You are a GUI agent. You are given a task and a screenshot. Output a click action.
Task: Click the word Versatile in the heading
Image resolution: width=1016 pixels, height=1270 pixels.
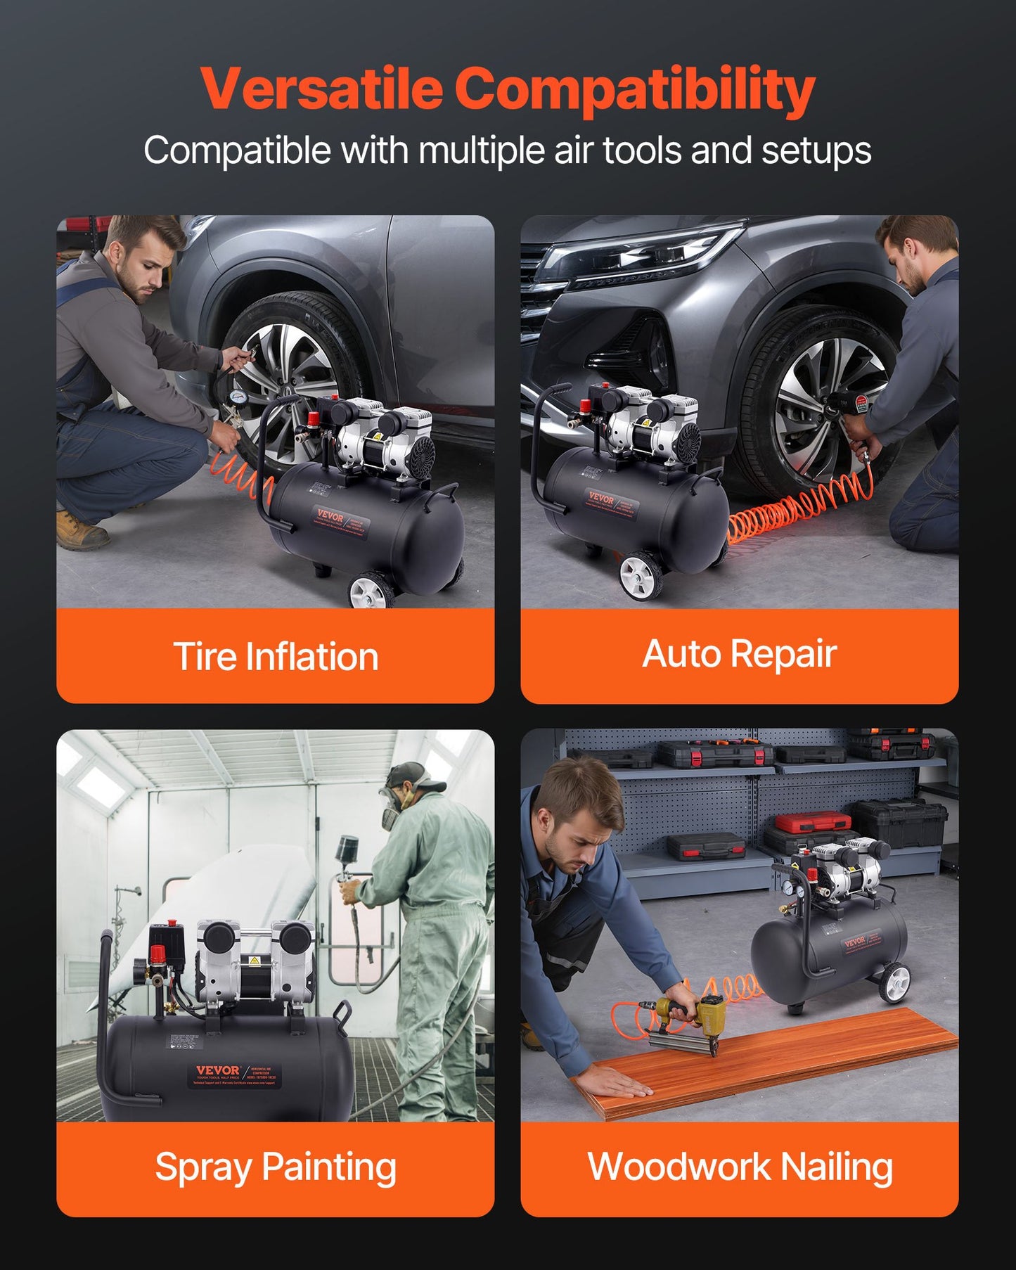pos(321,89)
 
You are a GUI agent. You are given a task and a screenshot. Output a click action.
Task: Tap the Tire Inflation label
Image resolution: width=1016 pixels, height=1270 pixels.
pos(276,656)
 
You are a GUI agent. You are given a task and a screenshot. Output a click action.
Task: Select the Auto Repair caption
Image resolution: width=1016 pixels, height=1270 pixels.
pos(739,653)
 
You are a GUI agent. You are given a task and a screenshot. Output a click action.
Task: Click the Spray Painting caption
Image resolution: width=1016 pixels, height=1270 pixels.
pos(276,1167)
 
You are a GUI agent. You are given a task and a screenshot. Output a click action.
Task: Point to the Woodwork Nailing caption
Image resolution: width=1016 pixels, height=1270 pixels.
pos(740,1167)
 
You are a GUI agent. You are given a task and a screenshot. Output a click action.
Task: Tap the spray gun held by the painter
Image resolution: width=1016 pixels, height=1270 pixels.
pos(347,858)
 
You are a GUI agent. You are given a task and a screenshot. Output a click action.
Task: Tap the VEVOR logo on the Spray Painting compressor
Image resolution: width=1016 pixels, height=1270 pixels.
pos(218,1070)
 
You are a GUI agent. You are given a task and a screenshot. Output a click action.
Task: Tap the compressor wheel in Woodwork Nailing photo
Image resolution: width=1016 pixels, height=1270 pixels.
pos(894,982)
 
